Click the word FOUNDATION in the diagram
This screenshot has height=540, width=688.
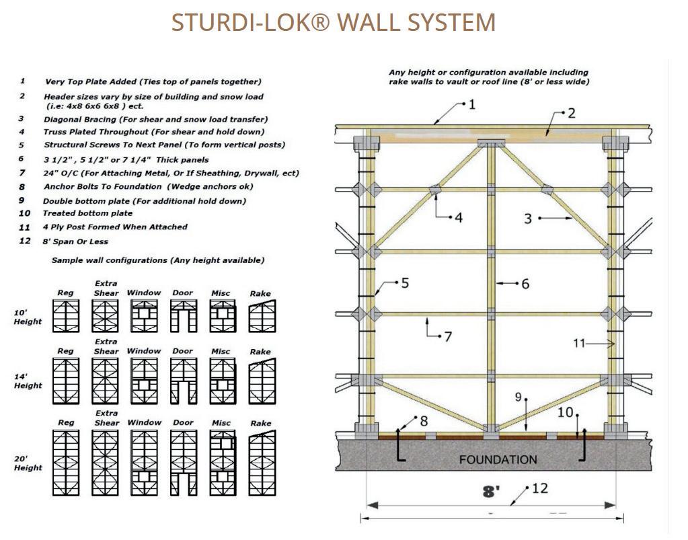coord(498,460)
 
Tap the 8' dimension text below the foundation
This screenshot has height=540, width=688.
coord(492,492)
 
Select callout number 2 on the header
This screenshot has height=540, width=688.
coord(571,113)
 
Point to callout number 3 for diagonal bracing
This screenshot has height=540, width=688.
coord(528,218)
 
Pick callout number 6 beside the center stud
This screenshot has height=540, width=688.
coord(525,284)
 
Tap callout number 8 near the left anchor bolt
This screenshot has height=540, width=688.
coord(423,421)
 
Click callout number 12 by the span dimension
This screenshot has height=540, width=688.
coord(540,488)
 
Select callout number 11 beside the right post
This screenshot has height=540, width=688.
coord(580,343)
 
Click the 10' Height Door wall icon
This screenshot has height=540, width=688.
coord(183,315)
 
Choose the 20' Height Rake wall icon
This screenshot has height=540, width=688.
coord(260,465)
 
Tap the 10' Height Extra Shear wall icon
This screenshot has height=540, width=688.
coord(105,315)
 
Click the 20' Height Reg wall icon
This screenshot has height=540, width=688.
coord(65,465)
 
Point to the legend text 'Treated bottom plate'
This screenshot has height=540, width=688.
coord(87,213)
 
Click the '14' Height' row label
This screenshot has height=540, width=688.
coord(28,381)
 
